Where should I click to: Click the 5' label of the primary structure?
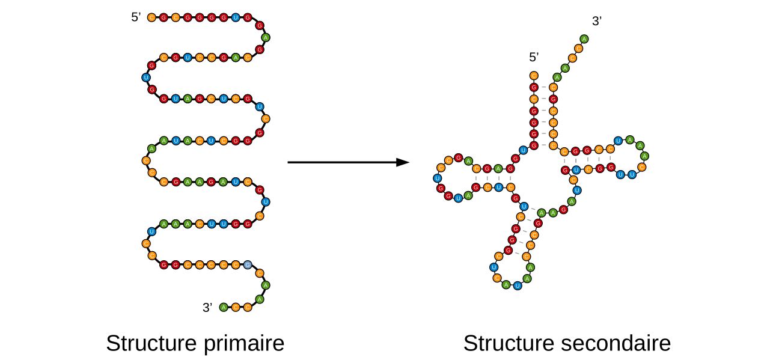click(136, 17)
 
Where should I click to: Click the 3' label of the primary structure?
click(207, 308)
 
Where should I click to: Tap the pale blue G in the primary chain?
click(248, 264)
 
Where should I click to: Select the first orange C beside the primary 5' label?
click(151, 17)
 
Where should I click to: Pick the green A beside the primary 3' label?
click(224, 308)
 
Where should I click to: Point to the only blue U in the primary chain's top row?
click(235, 17)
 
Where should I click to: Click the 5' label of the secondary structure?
click(533, 57)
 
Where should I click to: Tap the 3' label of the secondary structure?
click(596, 22)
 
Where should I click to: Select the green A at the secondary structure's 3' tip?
click(584, 39)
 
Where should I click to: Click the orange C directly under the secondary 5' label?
click(533, 76)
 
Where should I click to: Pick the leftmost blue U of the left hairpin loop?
click(437, 178)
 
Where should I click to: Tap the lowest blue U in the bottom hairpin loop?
click(517, 285)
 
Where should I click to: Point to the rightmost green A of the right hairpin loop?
click(645, 156)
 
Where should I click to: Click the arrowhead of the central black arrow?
click(403, 162)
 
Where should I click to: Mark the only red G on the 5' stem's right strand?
click(553, 99)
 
